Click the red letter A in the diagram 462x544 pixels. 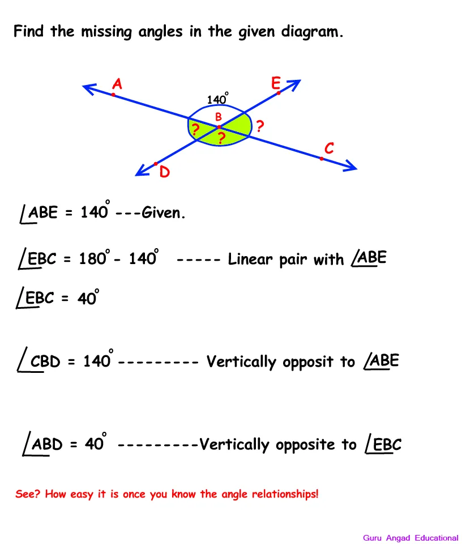[x=117, y=84]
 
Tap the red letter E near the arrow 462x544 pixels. [x=276, y=83]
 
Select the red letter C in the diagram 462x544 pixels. [x=329, y=148]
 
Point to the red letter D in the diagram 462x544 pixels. [x=165, y=172]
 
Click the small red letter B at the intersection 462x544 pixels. [x=219, y=117]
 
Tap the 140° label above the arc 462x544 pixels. [x=217, y=99]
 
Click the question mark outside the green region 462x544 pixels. [x=260, y=126]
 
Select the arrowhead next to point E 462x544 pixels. [x=294, y=84]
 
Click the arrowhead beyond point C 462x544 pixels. [x=349, y=166]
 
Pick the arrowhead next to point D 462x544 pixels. [x=142, y=171]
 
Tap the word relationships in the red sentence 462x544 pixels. [x=284, y=494]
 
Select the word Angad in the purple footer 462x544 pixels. [x=398, y=538]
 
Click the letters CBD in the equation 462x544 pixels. [x=45, y=361]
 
